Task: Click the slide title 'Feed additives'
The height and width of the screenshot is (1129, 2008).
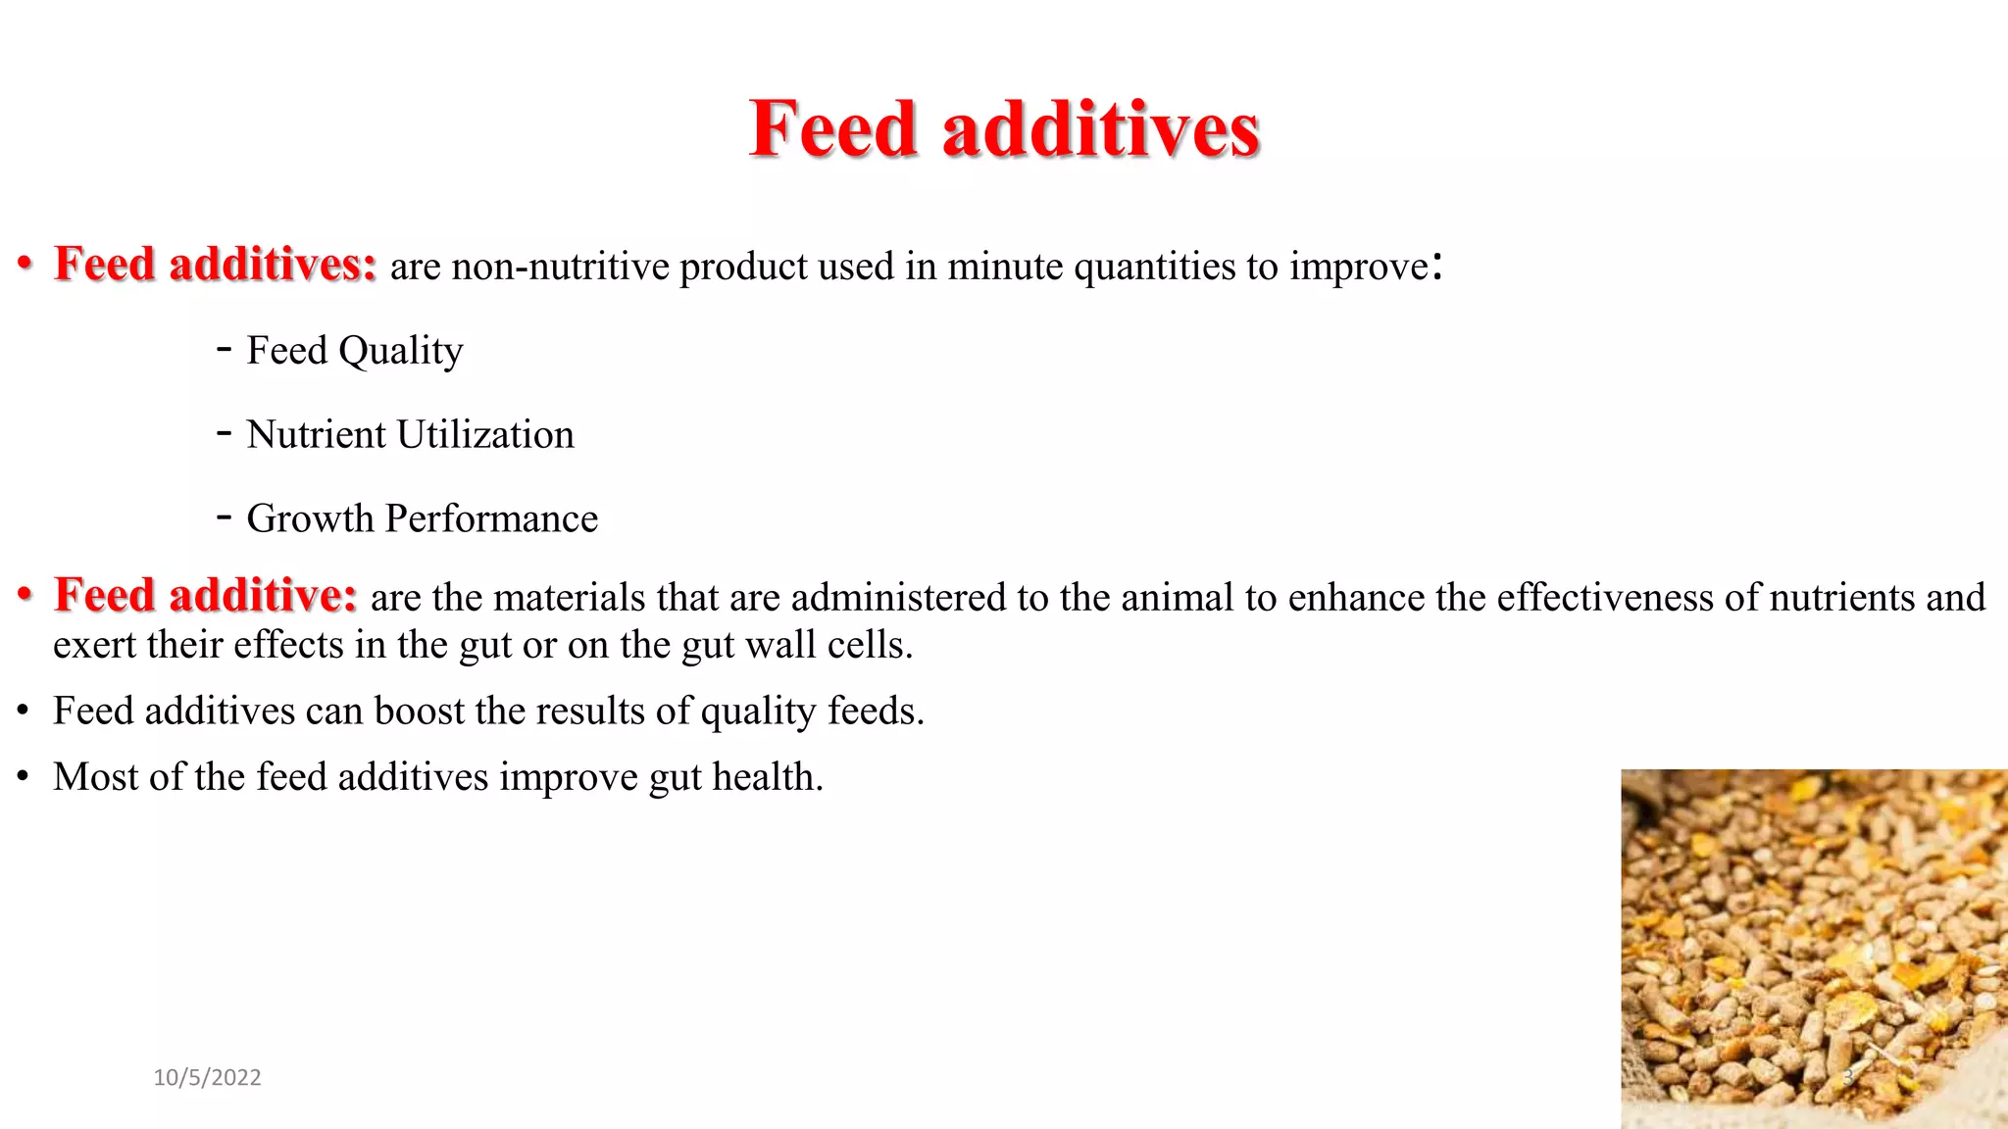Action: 1004,129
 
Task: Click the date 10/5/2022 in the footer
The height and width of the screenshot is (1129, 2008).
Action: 207,1078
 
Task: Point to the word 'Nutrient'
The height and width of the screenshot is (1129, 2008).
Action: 316,434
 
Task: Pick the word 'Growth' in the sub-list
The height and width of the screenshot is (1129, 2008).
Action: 310,518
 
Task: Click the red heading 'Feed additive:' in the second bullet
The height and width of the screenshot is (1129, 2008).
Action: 206,596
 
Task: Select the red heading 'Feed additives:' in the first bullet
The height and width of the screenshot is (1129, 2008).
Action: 216,265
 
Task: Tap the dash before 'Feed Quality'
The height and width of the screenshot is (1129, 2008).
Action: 225,349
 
